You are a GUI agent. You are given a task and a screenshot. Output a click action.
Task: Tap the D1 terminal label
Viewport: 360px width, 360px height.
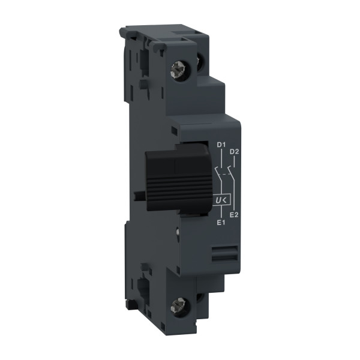point(220,145)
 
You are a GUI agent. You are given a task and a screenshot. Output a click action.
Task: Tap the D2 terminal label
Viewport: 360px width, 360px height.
point(235,153)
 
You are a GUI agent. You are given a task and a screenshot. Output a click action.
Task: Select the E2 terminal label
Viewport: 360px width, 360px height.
point(235,214)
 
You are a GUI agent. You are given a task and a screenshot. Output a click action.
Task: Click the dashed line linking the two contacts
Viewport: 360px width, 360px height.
point(226,175)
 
